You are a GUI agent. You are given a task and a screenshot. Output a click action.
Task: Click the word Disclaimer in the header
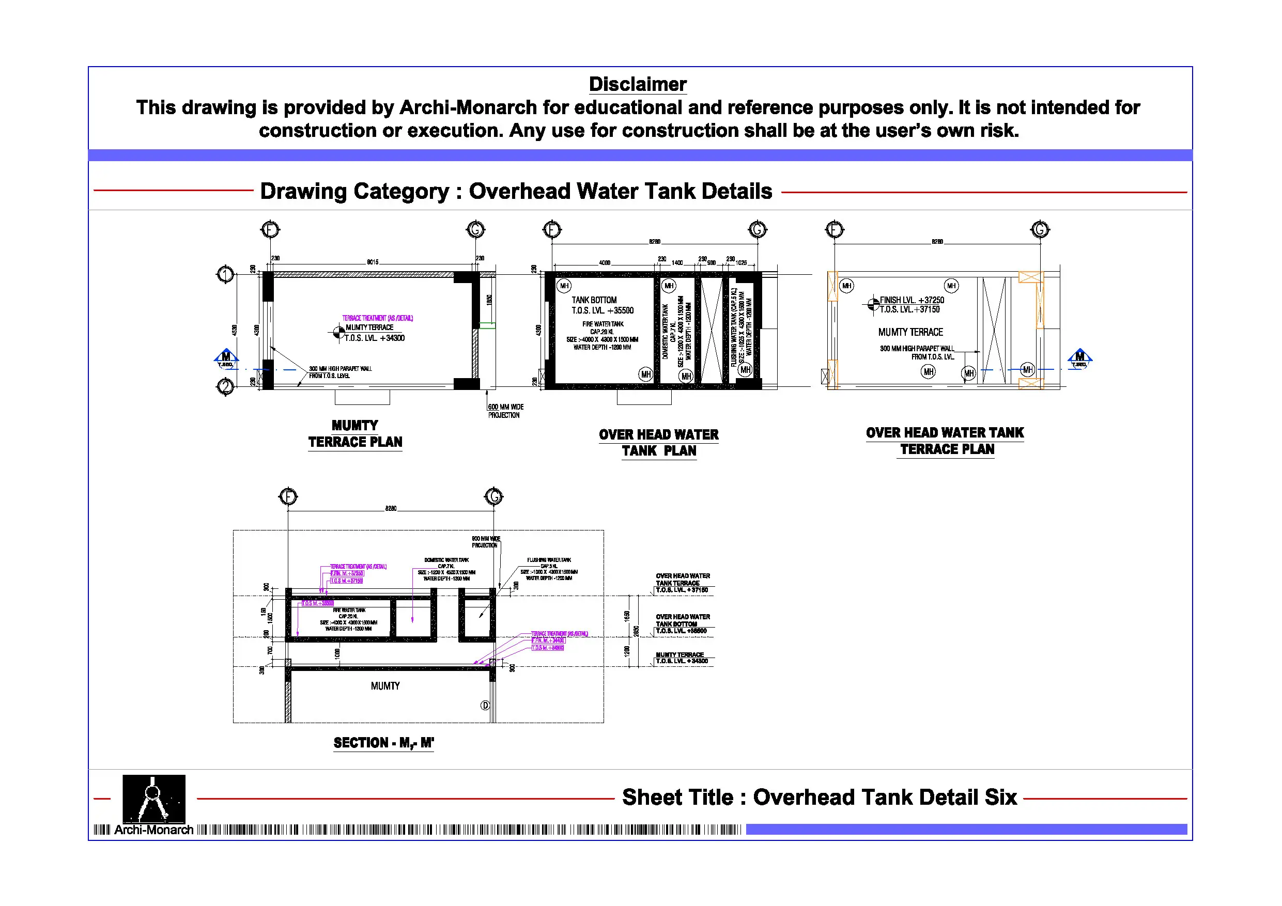(x=637, y=84)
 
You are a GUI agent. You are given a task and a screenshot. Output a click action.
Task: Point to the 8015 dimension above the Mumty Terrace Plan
(x=373, y=262)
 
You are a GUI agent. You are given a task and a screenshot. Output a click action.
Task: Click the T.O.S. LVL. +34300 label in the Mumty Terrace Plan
(x=375, y=338)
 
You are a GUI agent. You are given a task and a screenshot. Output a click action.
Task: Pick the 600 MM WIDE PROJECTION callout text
(x=505, y=411)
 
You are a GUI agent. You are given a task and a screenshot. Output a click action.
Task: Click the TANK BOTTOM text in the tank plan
(x=594, y=300)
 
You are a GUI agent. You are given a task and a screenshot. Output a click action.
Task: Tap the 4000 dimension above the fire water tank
(x=604, y=263)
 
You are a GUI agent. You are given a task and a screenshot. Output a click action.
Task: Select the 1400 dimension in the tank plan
(x=677, y=263)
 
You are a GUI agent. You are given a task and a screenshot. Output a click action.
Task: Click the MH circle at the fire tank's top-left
(x=564, y=286)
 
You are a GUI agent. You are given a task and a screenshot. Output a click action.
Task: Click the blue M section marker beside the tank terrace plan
(x=1079, y=358)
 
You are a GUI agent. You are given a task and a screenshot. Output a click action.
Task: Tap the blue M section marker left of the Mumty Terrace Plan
(x=226, y=358)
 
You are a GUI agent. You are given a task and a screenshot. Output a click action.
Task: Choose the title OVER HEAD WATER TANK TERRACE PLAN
(x=945, y=441)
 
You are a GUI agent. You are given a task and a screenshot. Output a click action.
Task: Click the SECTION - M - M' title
(x=383, y=743)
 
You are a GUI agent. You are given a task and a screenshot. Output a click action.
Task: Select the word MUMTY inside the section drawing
(x=385, y=686)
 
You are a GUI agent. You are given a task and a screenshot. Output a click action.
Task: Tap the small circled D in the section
(x=485, y=706)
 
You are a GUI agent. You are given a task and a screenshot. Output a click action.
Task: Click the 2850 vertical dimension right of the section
(x=636, y=631)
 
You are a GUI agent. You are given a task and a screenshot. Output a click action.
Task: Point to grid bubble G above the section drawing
(x=493, y=496)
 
